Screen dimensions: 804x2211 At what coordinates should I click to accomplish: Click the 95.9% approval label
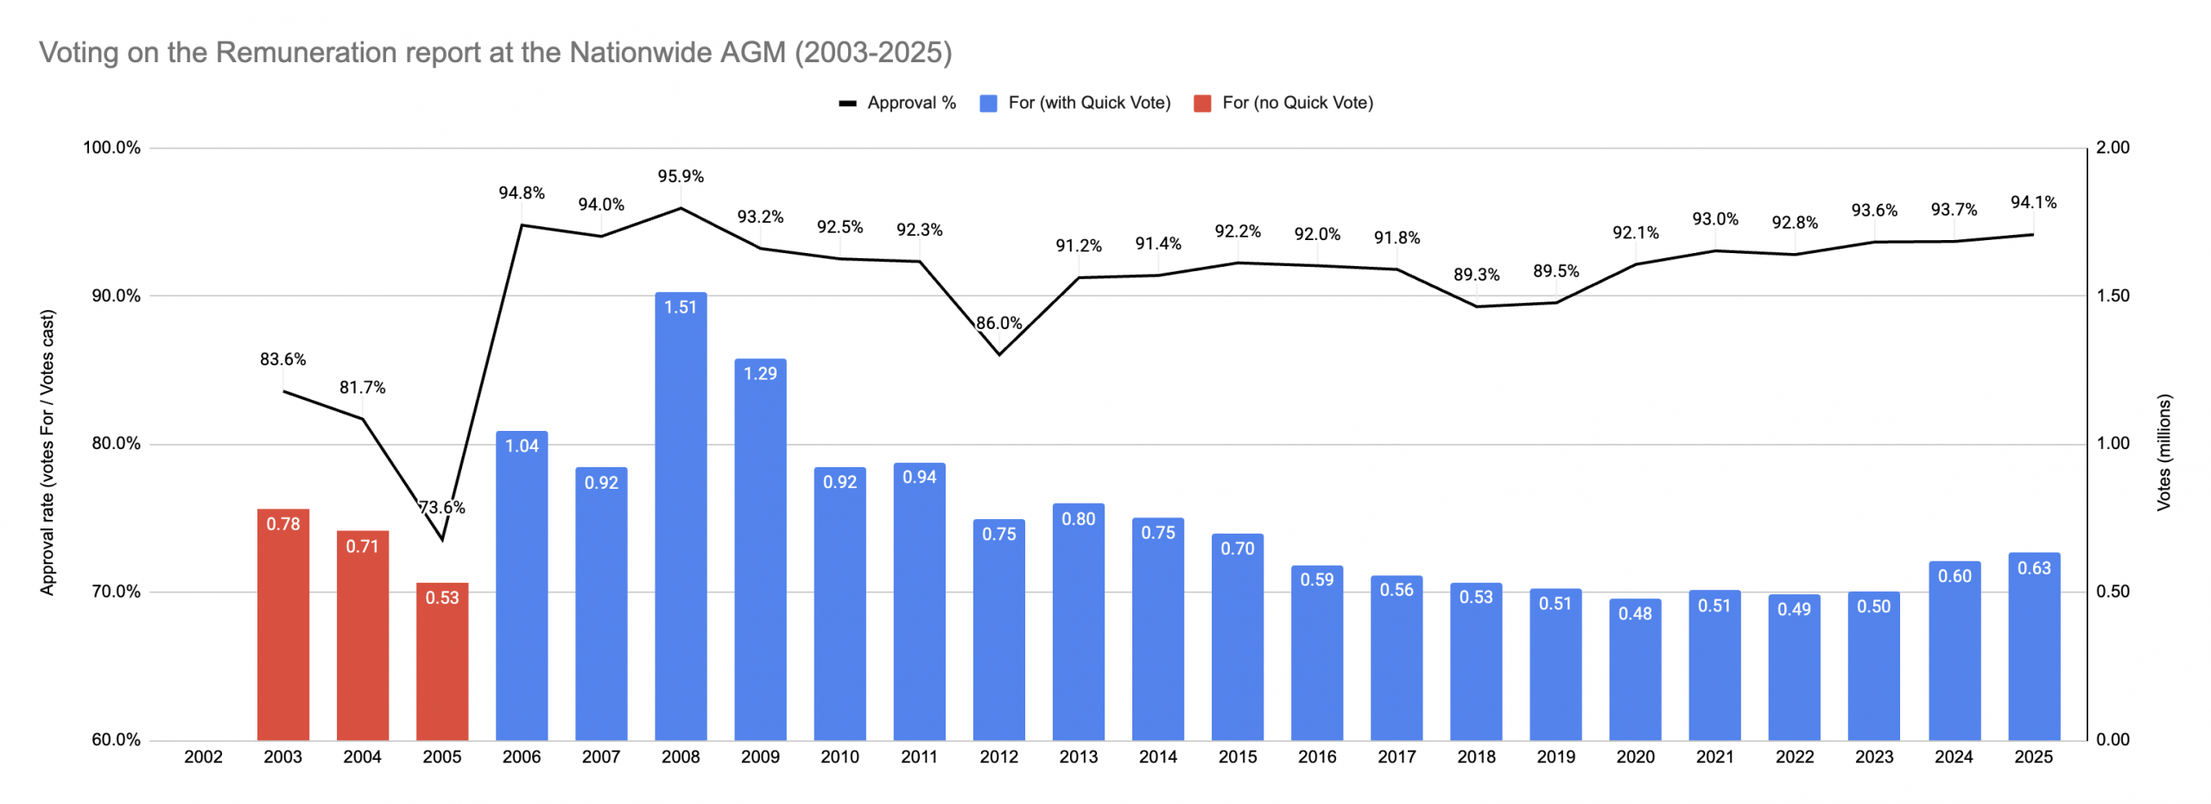[680, 176]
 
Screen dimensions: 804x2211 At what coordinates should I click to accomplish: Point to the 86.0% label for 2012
[998, 323]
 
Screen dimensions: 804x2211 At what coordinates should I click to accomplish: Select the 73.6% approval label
[441, 507]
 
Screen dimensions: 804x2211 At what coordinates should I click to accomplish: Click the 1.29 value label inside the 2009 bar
[759, 373]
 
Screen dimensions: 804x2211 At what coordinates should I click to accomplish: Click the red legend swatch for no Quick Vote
[1201, 104]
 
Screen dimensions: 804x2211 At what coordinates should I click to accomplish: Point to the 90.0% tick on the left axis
[111, 295]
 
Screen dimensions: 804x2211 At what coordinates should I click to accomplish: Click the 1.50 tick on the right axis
[2113, 295]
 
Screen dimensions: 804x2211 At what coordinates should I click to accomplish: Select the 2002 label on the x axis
[203, 757]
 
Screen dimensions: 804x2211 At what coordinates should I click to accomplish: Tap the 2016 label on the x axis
[1316, 757]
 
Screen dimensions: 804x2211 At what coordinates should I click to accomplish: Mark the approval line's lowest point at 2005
[441, 540]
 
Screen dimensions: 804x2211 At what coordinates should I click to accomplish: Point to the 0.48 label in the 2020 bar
[1634, 613]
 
